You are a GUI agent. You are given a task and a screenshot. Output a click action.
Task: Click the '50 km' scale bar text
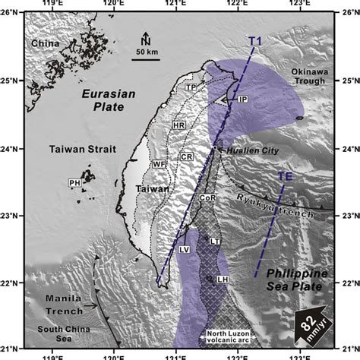[x=147, y=52]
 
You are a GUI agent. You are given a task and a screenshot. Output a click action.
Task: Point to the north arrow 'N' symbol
[x=147, y=38]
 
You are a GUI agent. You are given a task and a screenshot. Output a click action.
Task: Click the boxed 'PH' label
[x=74, y=182]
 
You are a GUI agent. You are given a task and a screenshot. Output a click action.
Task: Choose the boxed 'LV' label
[x=183, y=249]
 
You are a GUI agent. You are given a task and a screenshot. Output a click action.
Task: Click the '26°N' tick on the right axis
[x=346, y=13]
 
